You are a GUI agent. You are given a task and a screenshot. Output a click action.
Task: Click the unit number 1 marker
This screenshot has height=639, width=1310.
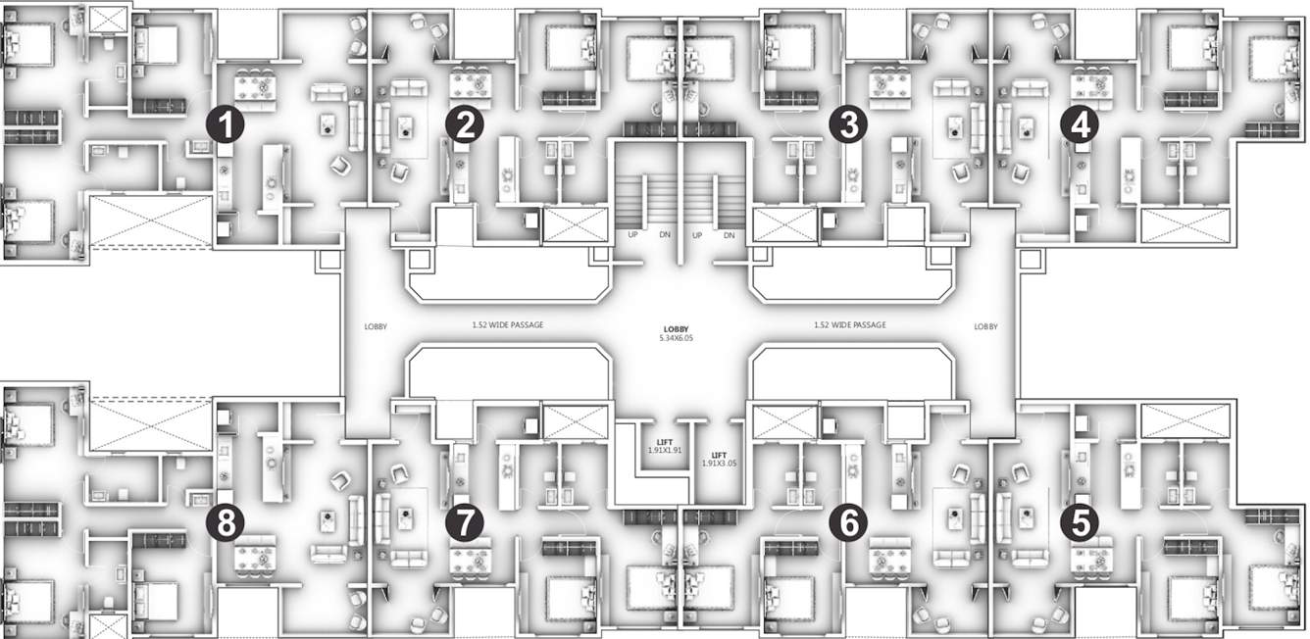[226, 124]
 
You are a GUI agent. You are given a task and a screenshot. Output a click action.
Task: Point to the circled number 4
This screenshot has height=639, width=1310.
[1081, 124]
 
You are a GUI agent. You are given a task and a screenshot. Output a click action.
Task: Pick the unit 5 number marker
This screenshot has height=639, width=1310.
[1081, 522]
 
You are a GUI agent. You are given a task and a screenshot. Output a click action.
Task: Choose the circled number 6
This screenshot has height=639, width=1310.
[847, 522]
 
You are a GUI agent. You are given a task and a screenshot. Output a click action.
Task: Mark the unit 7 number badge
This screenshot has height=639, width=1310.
[464, 522]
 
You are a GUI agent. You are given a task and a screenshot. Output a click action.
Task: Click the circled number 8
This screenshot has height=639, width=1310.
[226, 522]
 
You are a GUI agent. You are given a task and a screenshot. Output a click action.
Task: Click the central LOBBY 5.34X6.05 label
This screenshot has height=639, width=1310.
[677, 331]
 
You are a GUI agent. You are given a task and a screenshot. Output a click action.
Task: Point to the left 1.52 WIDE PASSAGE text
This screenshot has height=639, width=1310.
[507, 324]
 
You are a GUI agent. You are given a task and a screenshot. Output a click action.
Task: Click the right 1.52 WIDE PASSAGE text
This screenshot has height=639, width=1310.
[849, 324]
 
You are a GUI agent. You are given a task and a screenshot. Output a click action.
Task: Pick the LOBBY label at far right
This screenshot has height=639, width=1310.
[985, 327]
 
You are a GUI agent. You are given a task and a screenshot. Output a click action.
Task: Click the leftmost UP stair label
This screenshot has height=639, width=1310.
[632, 236]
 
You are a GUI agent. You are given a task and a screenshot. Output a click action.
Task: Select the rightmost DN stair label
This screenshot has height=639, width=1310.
[729, 236]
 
